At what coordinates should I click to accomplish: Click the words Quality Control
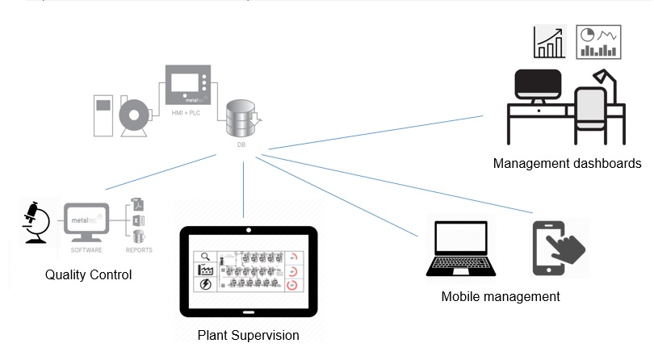click(x=88, y=275)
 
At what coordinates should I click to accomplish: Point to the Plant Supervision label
click(x=248, y=335)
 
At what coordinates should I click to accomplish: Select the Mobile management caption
click(x=501, y=296)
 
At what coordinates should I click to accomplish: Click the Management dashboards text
click(x=567, y=163)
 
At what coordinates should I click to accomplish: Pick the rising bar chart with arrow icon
click(x=550, y=42)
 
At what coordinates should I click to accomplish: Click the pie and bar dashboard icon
click(x=599, y=42)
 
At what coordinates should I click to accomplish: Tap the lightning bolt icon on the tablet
click(x=206, y=285)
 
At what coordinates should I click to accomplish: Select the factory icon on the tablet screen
click(x=206, y=270)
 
